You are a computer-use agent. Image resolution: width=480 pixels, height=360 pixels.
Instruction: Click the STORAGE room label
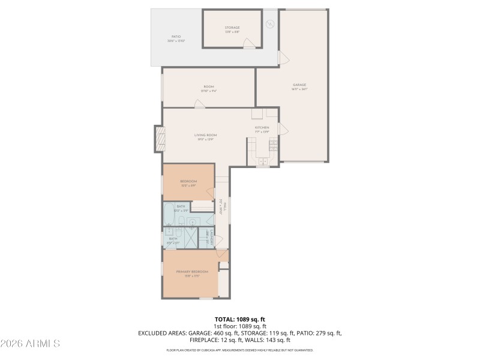[x=232, y=28]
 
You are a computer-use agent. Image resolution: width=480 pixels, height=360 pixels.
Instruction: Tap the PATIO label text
[x=176, y=37]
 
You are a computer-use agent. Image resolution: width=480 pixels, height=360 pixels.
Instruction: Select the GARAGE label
[x=299, y=85]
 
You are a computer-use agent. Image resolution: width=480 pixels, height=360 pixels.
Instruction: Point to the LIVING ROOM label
[x=205, y=135]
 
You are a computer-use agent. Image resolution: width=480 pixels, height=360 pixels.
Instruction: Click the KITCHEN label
[x=262, y=128]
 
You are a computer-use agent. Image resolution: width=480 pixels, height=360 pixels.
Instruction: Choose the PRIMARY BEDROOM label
[x=191, y=272]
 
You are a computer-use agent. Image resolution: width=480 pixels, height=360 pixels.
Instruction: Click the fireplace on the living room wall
[x=159, y=139]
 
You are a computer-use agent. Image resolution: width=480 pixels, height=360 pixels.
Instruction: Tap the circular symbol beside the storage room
[x=270, y=24]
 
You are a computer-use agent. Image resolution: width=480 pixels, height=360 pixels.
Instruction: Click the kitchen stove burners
[x=274, y=144]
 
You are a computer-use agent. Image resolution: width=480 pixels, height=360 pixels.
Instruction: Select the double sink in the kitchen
[x=262, y=161]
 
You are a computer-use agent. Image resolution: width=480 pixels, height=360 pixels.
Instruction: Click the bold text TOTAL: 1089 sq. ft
[x=240, y=319]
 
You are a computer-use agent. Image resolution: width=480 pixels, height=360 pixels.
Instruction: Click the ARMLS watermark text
[x=30, y=344]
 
